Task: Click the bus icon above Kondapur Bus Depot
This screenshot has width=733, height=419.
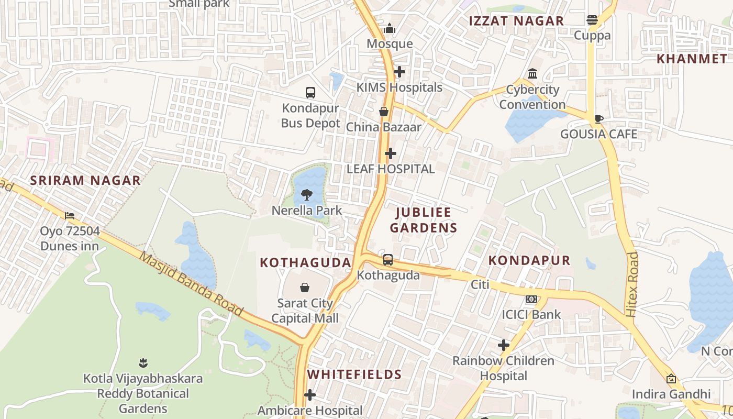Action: pos(310,93)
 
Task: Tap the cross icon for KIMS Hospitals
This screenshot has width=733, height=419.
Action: pos(399,72)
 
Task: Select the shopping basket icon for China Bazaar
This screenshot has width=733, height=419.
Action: pos(384,112)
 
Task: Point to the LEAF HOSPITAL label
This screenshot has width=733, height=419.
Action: pos(391,169)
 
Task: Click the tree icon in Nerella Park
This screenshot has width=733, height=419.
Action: pos(307,195)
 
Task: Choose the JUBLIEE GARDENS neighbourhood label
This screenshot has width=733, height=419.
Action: pos(424,220)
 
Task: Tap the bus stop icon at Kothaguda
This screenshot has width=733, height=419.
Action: pos(388,259)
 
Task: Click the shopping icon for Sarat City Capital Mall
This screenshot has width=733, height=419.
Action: pos(305,288)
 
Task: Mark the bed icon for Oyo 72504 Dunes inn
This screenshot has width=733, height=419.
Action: pos(70,215)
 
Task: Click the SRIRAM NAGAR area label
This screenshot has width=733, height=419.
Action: pos(85,181)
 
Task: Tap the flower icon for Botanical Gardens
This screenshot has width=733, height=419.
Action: pos(143,362)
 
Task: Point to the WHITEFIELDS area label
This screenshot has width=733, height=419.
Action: pos(354,374)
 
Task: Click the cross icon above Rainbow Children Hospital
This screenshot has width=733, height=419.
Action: pos(504,345)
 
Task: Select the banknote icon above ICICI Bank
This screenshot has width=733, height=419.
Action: pos(531,299)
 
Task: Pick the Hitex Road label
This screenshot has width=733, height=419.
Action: pos(632,284)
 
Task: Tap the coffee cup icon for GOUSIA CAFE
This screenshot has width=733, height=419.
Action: pos(599,119)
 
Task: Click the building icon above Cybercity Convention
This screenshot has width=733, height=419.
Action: pos(532,74)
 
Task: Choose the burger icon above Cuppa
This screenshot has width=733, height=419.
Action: pos(592,20)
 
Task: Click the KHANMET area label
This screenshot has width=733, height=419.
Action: pos(692,59)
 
